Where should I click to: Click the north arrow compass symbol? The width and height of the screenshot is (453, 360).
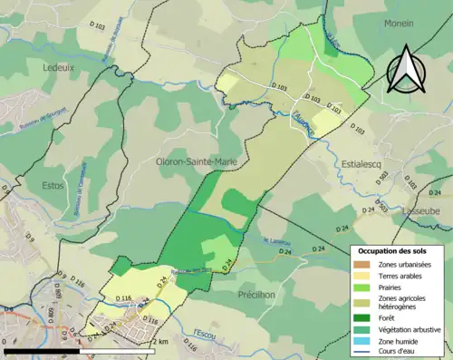click(408, 68)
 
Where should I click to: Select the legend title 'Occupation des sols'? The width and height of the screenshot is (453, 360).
click(400, 249)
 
